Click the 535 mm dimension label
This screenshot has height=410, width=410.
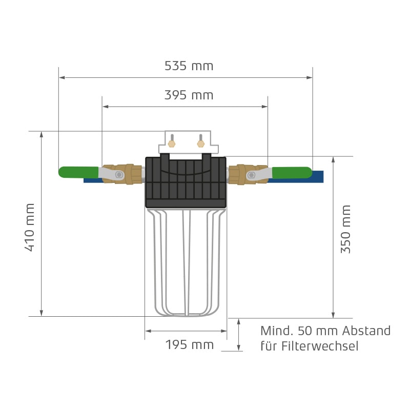coord(189,66)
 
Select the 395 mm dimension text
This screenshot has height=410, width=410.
coord(189,95)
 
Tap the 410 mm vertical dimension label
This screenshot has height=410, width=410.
coord(30,227)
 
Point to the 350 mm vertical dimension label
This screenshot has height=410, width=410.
coord(346,229)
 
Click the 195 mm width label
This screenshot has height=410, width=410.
coord(189,345)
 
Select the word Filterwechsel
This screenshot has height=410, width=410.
coord(320,346)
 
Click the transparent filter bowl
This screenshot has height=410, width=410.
coord(187,261)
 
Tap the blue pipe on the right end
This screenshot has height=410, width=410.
coord(317,177)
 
